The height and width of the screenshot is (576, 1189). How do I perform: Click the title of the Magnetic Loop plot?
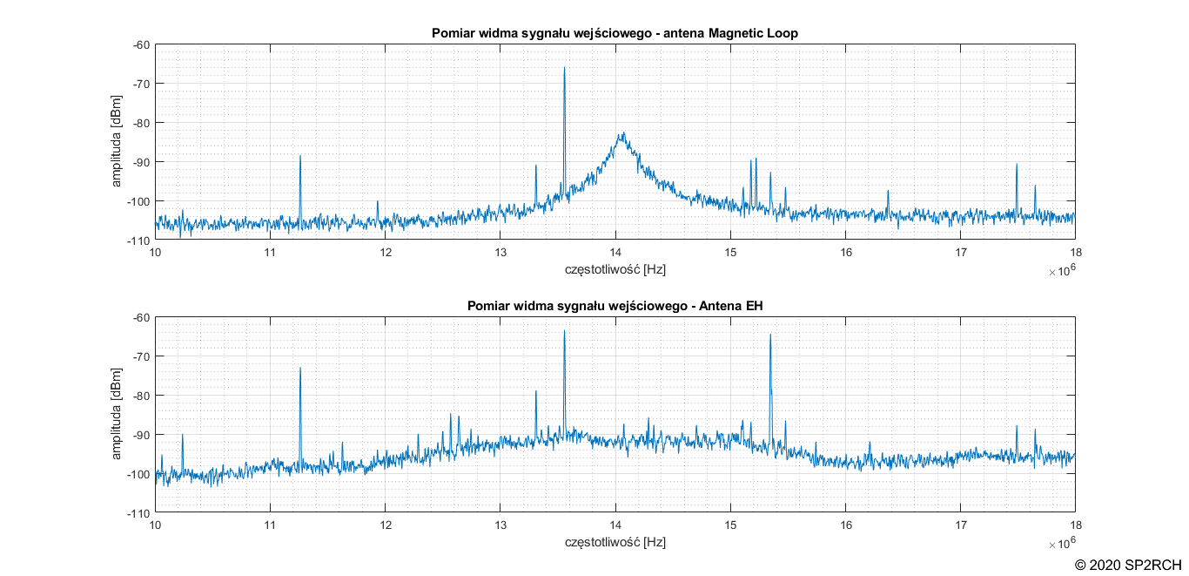[615, 33]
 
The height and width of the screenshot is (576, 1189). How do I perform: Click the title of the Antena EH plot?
[615, 306]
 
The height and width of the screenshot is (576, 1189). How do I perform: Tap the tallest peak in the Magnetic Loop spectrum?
[564, 69]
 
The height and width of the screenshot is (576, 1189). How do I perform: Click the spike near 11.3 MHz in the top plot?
[300, 157]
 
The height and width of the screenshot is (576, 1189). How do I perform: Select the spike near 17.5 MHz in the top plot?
[1016, 165]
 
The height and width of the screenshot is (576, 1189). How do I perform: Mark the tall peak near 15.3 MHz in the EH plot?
[770, 335]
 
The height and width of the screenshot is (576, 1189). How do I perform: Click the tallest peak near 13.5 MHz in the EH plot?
[564, 332]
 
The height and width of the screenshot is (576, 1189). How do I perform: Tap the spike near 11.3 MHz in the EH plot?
[300, 369]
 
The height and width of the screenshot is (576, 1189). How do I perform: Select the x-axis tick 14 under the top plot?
[615, 253]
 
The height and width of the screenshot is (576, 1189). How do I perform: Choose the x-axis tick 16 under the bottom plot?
[845, 525]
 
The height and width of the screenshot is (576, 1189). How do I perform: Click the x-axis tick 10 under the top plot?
[156, 253]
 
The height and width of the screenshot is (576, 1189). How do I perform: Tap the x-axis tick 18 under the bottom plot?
[1075, 525]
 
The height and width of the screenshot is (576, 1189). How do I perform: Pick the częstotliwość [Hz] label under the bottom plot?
[615, 542]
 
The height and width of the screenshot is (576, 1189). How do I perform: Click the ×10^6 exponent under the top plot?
[1061, 271]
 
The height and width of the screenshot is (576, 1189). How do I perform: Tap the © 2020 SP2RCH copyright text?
[1128, 565]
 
